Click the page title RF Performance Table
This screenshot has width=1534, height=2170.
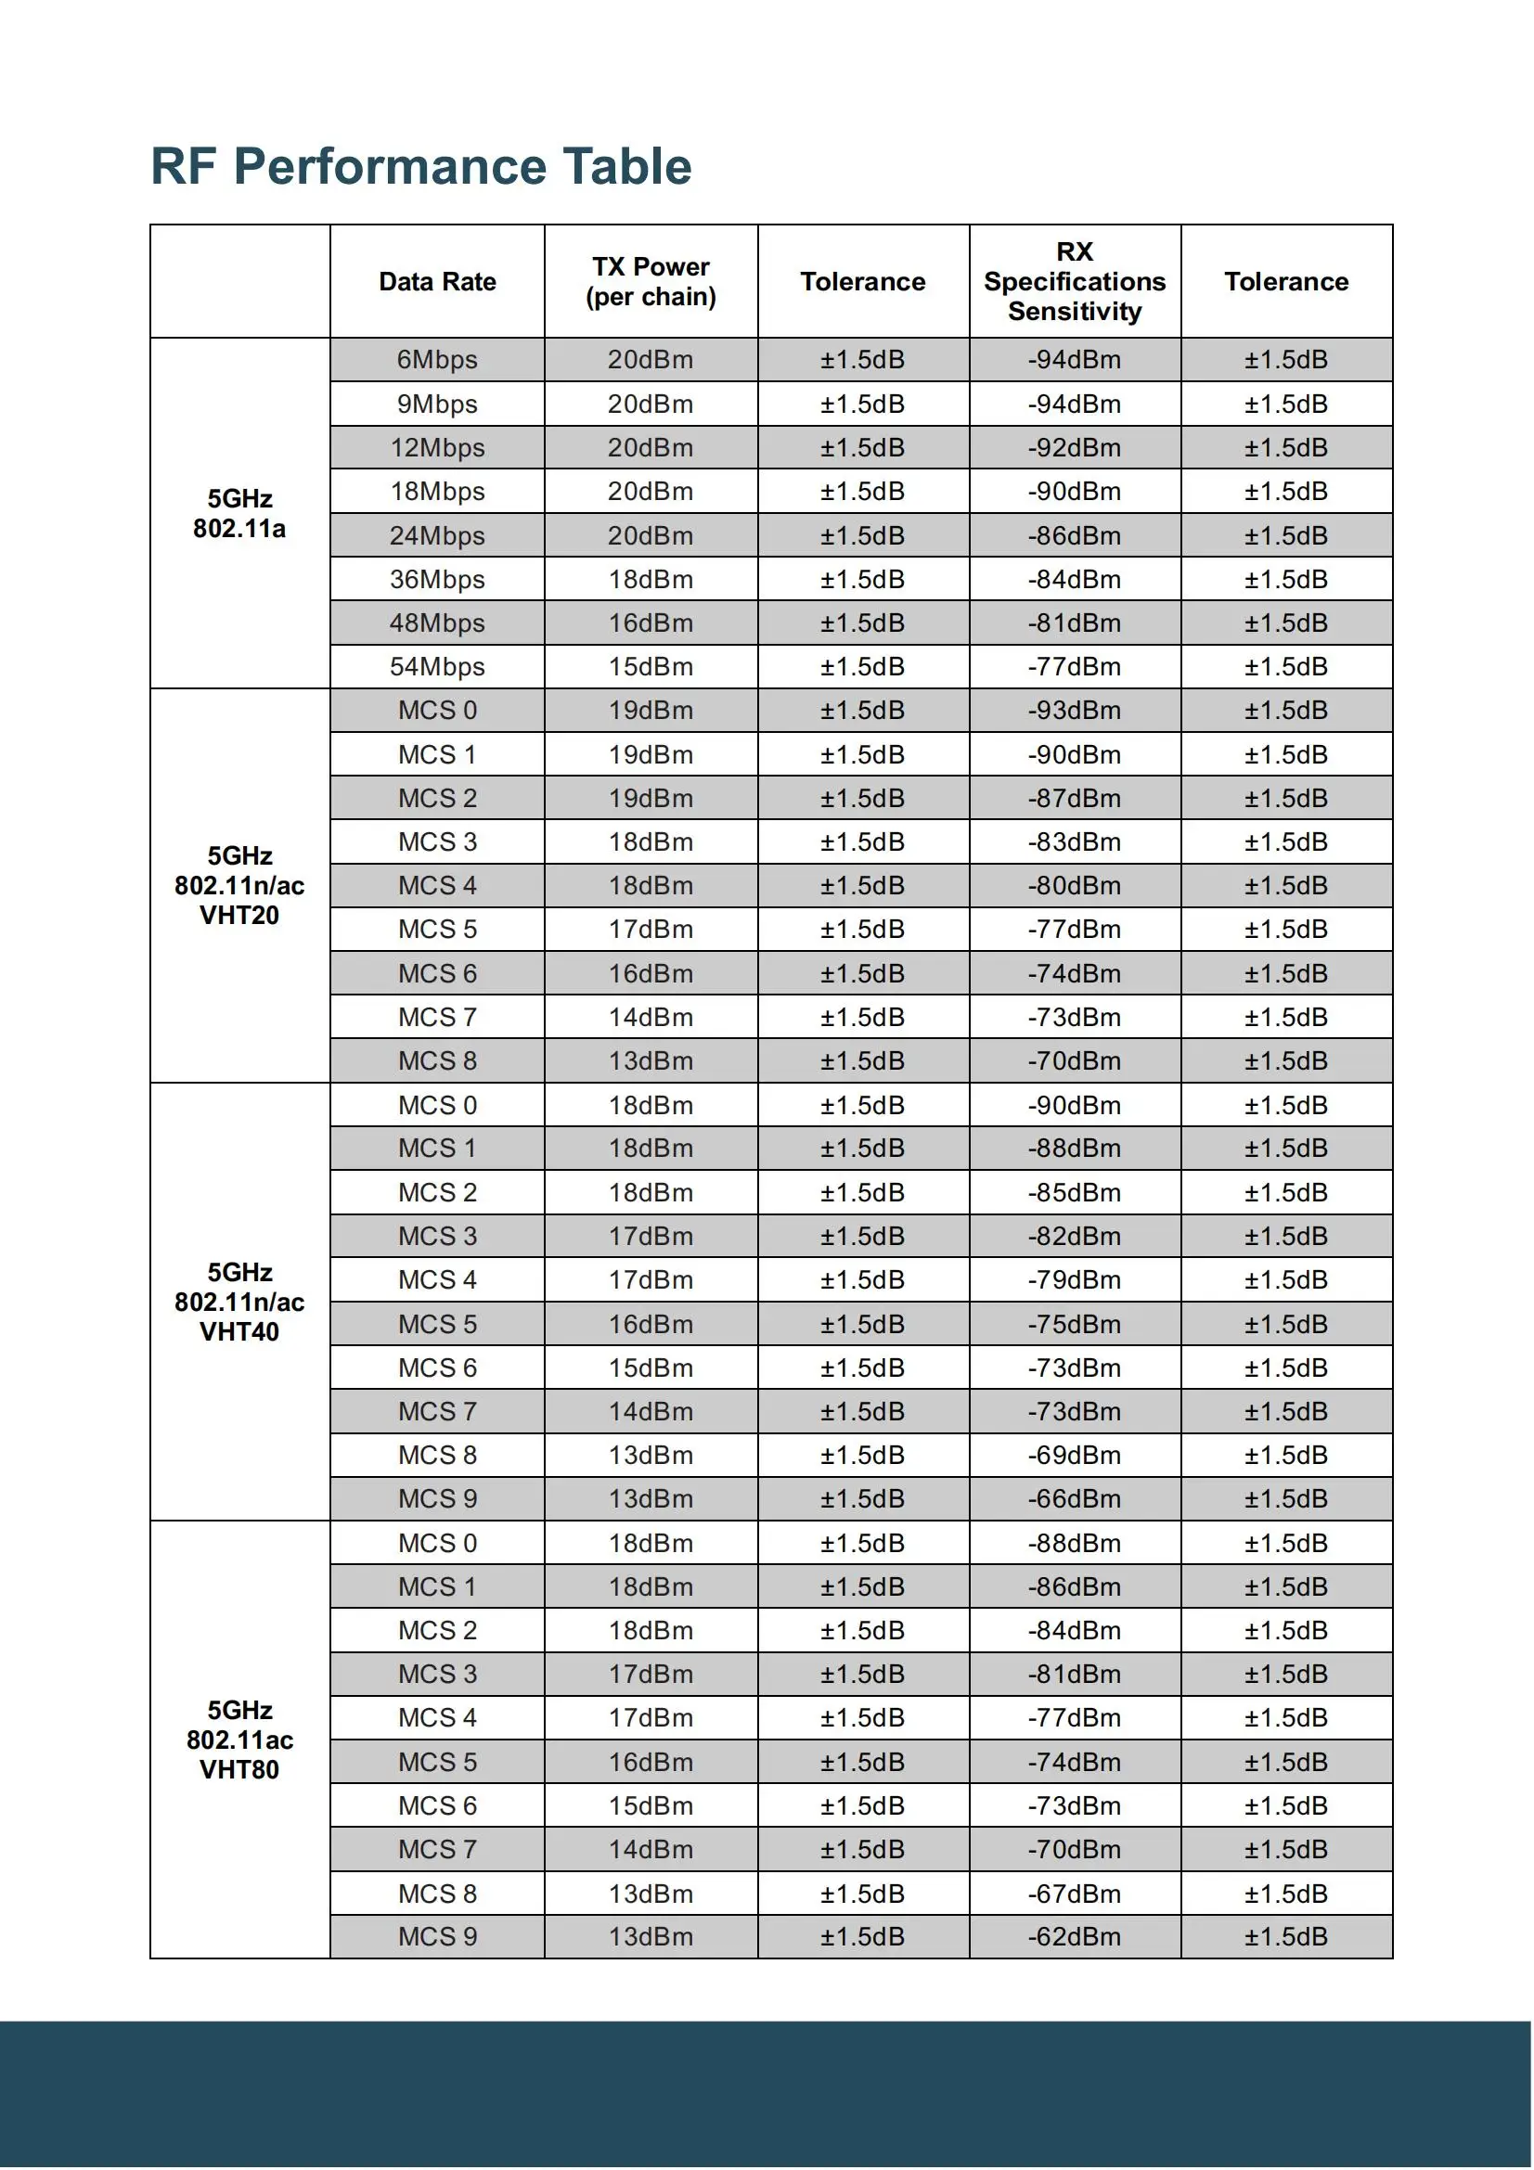pos(420,166)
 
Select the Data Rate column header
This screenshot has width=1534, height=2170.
pos(437,282)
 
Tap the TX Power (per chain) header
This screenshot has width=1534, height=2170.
pos(651,282)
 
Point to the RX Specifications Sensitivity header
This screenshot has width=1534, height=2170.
pos(1074,282)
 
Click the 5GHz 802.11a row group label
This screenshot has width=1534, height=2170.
pos(239,513)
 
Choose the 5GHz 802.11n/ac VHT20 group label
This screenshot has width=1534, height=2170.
pos(239,886)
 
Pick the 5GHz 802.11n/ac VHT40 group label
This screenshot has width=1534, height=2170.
pos(239,1302)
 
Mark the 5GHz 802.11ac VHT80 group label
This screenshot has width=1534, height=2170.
pos(239,1739)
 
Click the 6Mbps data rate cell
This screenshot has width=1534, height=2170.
pos(437,360)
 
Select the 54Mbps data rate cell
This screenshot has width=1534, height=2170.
pos(437,667)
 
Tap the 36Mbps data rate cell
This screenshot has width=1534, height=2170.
pos(437,579)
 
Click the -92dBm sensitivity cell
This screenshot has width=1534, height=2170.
pos(1074,448)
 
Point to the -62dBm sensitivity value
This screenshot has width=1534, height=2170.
pos(1074,1936)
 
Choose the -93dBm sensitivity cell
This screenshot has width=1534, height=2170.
pos(1074,711)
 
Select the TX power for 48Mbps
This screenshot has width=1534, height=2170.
pos(651,623)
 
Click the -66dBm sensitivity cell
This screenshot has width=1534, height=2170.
pos(1074,1499)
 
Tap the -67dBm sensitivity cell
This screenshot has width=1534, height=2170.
pos(1074,1894)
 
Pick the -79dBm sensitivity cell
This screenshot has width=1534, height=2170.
pos(1074,1280)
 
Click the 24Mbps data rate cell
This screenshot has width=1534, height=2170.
pos(437,536)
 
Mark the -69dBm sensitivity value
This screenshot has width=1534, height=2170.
pos(1074,1456)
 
